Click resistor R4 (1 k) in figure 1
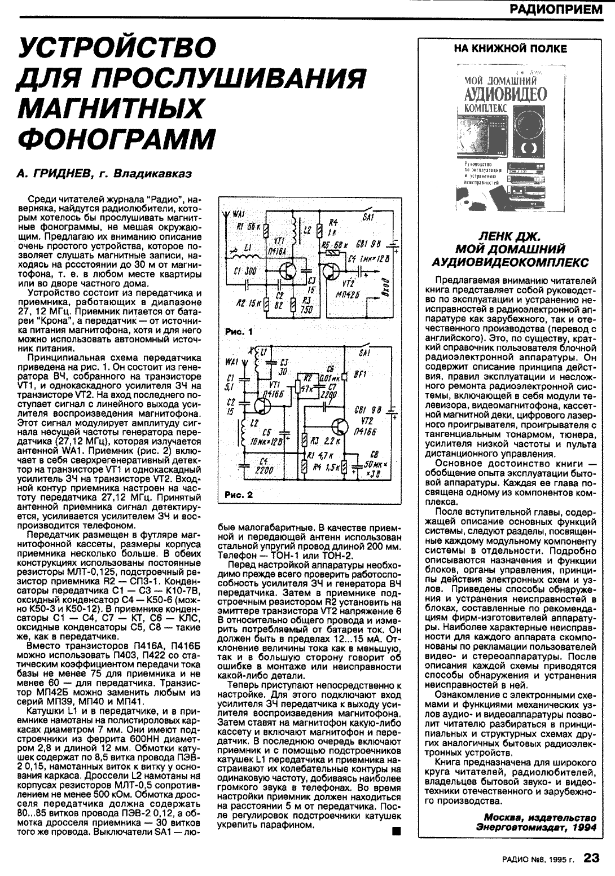pyautogui.click(x=319, y=230)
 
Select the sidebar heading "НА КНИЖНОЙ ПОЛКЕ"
pyautogui.click(x=510, y=49)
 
